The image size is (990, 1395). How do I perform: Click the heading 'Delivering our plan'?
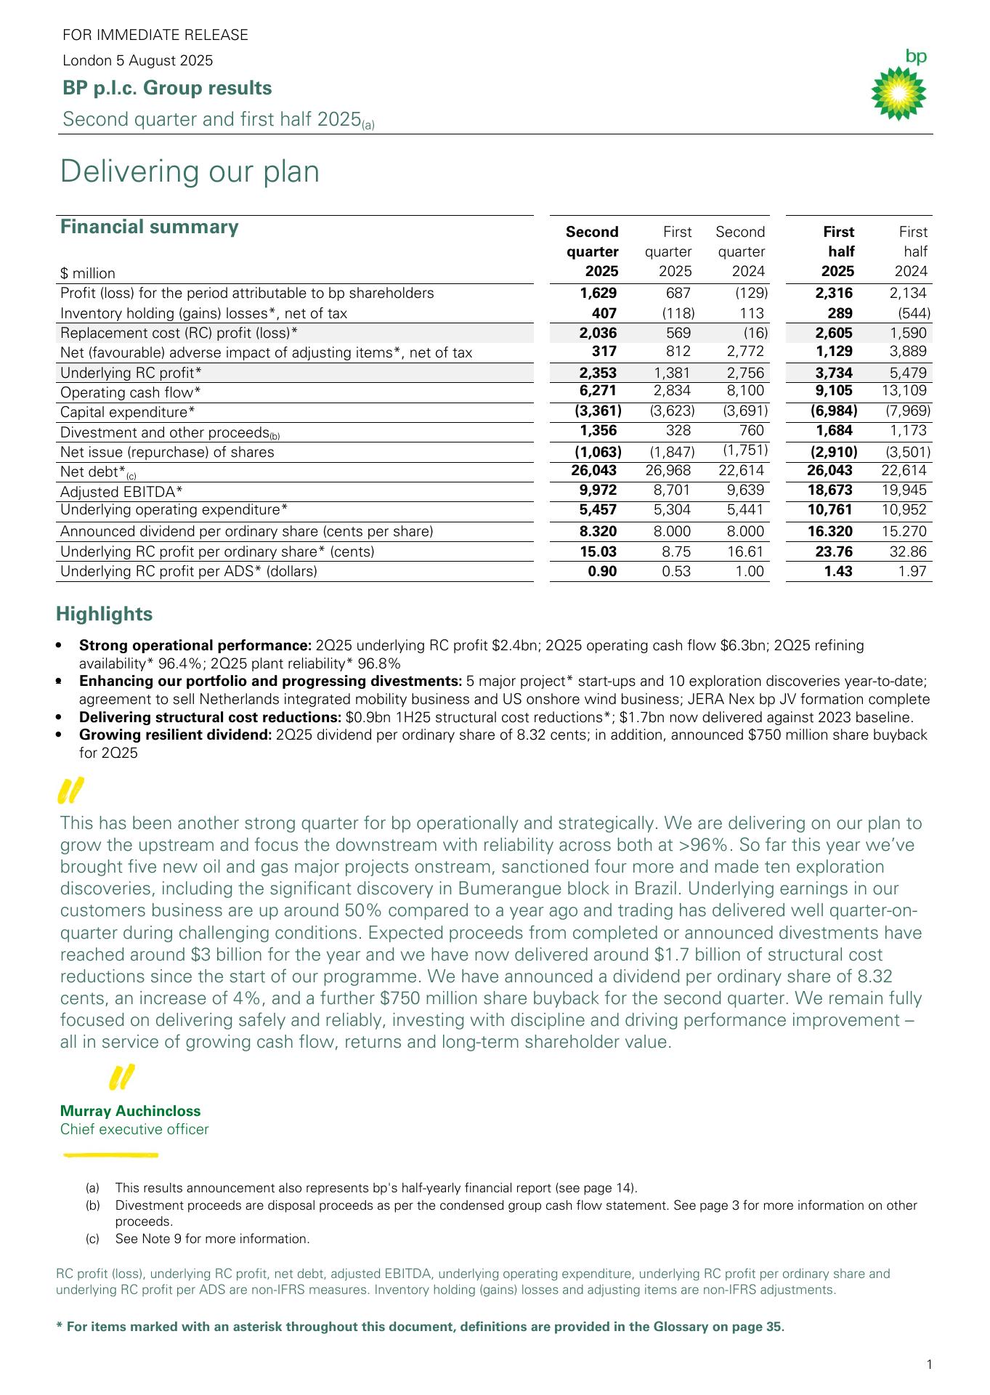(x=190, y=172)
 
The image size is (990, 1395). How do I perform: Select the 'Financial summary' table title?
(x=149, y=227)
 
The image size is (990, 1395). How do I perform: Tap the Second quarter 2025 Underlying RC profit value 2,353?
(x=598, y=373)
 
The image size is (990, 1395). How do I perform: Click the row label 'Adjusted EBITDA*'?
(x=121, y=492)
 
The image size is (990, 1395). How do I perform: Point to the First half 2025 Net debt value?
(x=829, y=471)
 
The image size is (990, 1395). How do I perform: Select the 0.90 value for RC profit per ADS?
(x=602, y=571)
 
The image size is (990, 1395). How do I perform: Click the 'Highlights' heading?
(x=105, y=614)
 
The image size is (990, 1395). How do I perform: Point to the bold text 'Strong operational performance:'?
(x=195, y=645)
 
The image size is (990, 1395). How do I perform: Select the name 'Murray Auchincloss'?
(x=130, y=1111)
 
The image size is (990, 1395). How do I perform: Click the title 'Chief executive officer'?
(x=134, y=1129)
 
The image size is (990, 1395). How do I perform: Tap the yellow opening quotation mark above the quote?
(x=70, y=790)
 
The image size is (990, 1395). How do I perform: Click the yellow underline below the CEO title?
(x=110, y=1154)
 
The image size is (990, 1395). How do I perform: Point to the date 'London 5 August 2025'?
(x=138, y=60)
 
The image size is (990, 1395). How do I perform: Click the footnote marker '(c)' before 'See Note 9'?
(x=92, y=1239)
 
